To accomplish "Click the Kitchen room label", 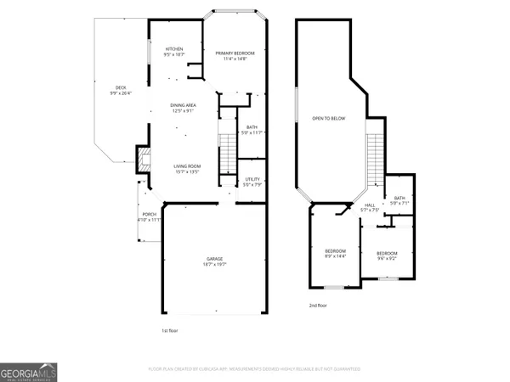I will click(x=175, y=52).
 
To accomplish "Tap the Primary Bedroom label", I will click(x=234, y=55).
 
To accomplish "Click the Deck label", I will click(x=121, y=91).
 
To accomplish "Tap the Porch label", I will click(x=149, y=216).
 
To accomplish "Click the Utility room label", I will click(x=252, y=182).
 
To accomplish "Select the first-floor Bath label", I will click(x=252, y=130).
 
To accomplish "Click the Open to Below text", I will click(x=328, y=118).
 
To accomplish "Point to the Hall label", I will click(x=371, y=207).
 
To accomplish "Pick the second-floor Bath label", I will click(x=399, y=200).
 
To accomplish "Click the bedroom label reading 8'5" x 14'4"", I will click(x=336, y=254).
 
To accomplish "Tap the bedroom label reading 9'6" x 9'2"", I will click(x=387, y=256).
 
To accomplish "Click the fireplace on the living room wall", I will click(x=142, y=157).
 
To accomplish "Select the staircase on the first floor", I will click(x=226, y=153).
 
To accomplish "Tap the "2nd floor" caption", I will click(x=319, y=305).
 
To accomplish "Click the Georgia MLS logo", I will click(x=30, y=372).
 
